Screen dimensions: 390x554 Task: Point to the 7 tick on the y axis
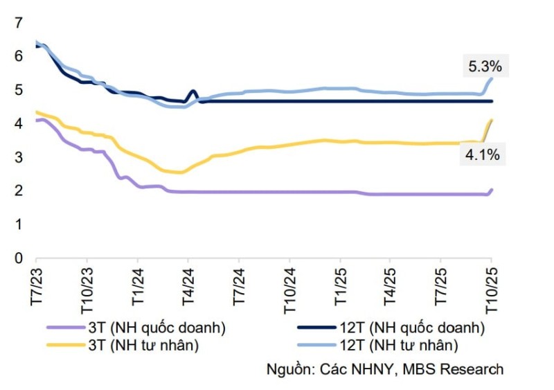(x=18, y=22)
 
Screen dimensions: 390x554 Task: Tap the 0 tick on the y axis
(x=18, y=258)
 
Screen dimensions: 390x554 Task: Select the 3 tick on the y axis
(x=18, y=157)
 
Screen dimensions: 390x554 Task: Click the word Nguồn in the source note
(x=287, y=369)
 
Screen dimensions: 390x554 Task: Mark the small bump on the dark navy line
(x=193, y=92)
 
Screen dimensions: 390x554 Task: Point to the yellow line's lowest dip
(x=179, y=172)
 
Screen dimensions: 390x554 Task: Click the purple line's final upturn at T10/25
(x=491, y=190)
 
